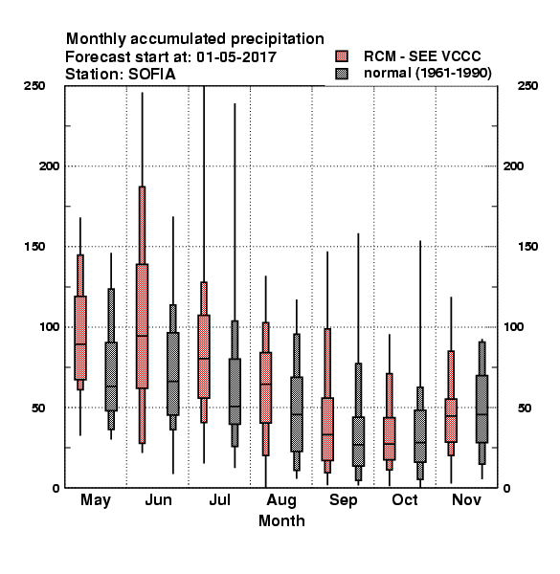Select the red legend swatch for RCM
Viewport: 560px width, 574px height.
tap(342, 56)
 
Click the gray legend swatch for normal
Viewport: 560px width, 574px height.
tap(342, 74)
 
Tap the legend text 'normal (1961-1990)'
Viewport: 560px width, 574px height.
tap(427, 74)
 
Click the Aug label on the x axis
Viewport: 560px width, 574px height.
tap(281, 500)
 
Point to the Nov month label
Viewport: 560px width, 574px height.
tap(466, 499)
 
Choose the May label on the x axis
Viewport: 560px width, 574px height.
tap(96, 500)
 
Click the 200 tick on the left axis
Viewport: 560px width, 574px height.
tap(49, 166)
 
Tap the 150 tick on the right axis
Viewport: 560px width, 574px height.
tap(527, 247)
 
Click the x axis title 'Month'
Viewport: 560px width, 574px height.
tap(281, 520)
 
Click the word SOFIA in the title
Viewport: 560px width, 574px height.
tap(152, 75)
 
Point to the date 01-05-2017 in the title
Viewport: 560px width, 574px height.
tap(236, 57)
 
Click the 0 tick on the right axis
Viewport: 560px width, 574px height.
tap(506, 488)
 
